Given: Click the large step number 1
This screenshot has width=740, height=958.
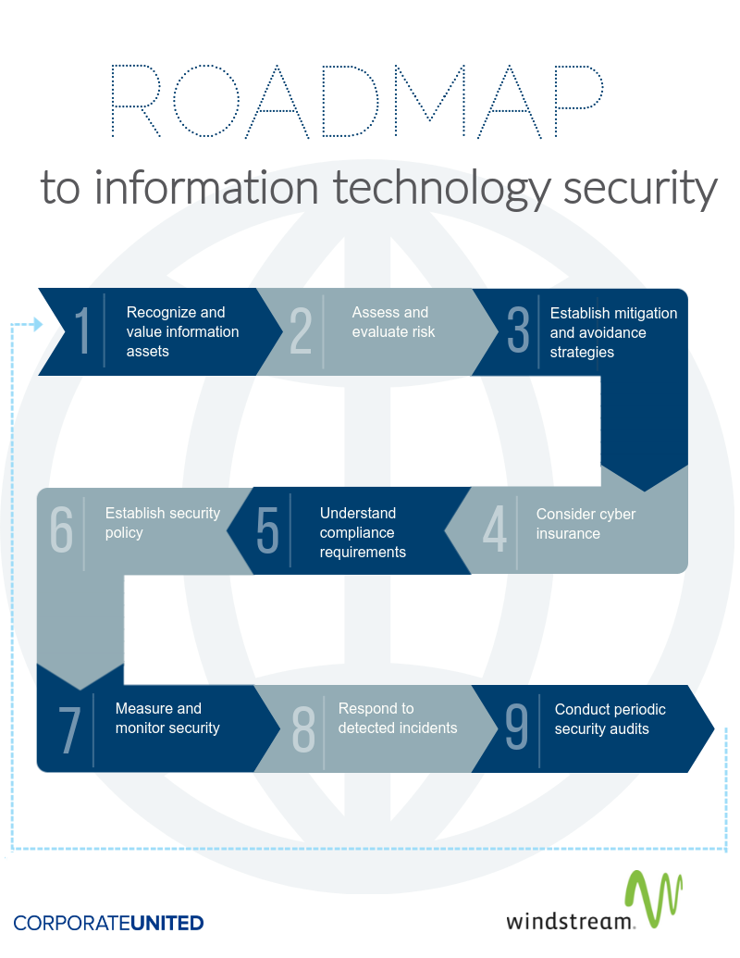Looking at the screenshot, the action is pyautogui.click(x=81, y=330).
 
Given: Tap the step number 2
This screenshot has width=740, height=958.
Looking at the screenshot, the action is pyautogui.click(x=301, y=330).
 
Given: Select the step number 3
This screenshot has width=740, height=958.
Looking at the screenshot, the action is pyautogui.click(x=518, y=330).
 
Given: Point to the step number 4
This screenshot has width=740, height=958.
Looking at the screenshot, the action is pyautogui.click(x=495, y=529).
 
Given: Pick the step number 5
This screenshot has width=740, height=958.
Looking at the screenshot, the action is pyautogui.click(x=267, y=529).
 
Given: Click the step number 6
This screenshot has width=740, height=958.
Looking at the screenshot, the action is pyautogui.click(x=62, y=529).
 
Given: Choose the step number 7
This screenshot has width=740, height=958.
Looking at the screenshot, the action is pyautogui.click(x=69, y=729).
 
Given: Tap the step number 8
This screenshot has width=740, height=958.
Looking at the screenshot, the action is pyautogui.click(x=303, y=728).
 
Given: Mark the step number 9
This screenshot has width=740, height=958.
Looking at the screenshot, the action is pyautogui.click(x=516, y=726).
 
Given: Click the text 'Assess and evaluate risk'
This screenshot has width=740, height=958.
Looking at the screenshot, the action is pyautogui.click(x=393, y=322).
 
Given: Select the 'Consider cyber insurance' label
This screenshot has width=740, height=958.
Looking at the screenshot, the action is pyautogui.click(x=586, y=524).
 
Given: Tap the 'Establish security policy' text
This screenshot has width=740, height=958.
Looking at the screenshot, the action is pyautogui.click(x=163, y=522).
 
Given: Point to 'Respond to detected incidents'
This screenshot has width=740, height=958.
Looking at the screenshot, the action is pyautogui.click(x=398, y=718).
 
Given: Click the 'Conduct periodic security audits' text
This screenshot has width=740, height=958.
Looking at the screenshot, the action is pyautogui.click(x=610, y=719).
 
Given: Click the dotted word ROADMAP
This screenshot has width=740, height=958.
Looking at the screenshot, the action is pyautogui.click(x=357, y=101).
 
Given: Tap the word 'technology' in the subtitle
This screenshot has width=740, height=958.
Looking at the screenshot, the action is pyautogui.click(x=441, y=189).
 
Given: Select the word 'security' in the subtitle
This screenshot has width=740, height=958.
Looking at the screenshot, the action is pyautogui.click(x=639, y=189).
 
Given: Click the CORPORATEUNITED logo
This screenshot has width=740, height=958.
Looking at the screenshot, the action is pyautogui.click(x=108, y=923).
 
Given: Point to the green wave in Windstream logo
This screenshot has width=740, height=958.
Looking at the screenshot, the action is pyautogui.click(x=653, y=898).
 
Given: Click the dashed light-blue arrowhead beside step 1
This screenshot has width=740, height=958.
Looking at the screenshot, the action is pyautogui.click(x=39, y=324).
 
